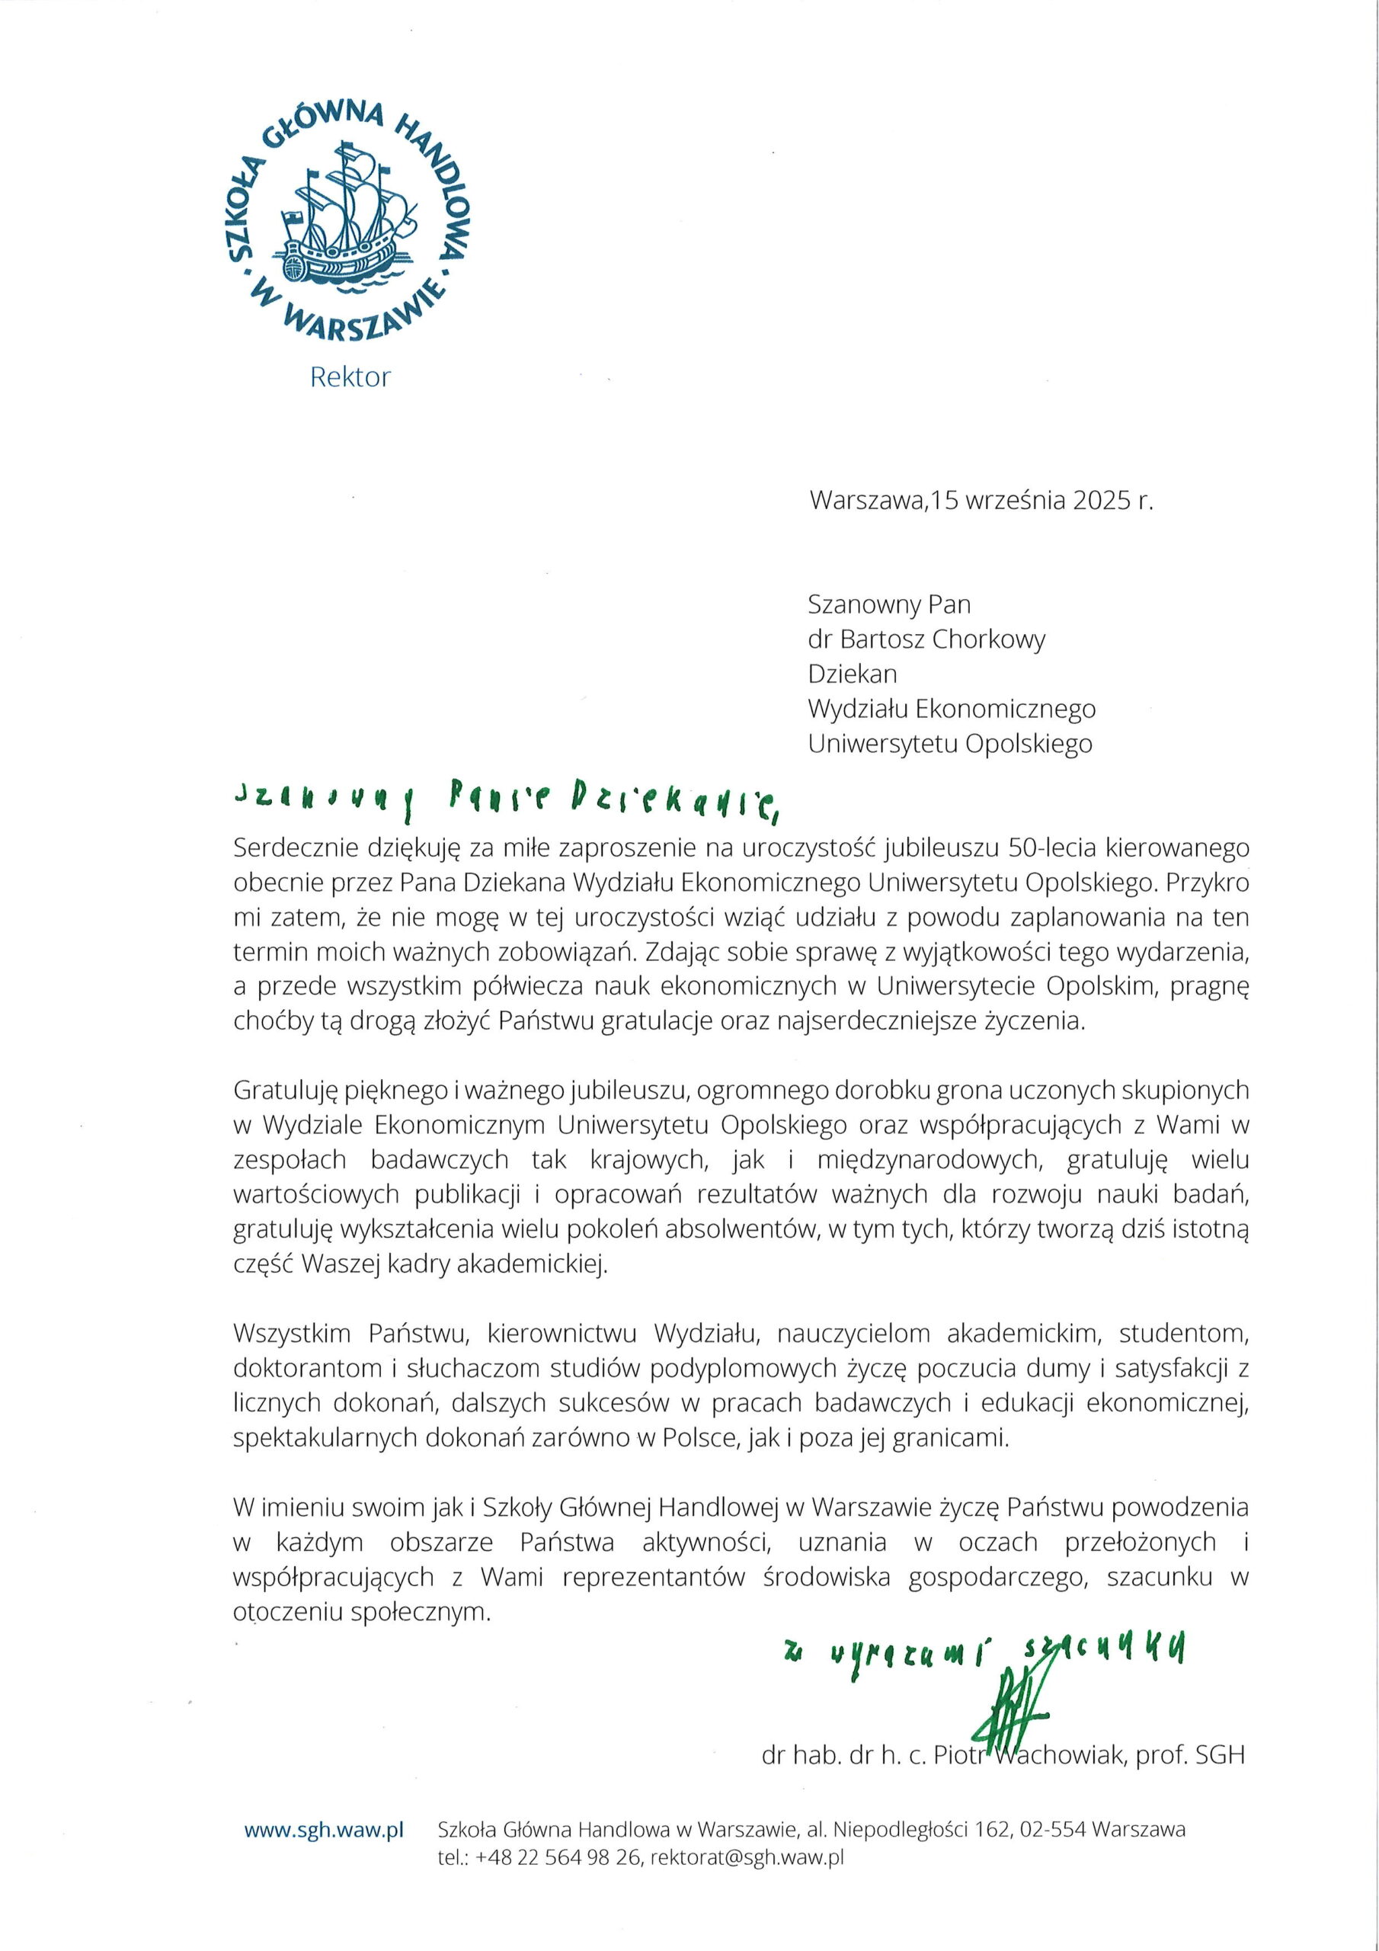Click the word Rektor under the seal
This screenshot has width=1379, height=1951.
tap(350, 377)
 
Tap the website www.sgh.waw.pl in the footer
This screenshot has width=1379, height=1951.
tap(324, 1831)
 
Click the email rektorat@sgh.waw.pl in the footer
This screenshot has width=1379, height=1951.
tap(746, 1857)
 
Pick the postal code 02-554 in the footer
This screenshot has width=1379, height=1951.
tap(1053, 1831)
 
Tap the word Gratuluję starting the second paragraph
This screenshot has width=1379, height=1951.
tap(286, 1089)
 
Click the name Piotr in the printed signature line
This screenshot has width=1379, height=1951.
tap(958, 1754)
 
